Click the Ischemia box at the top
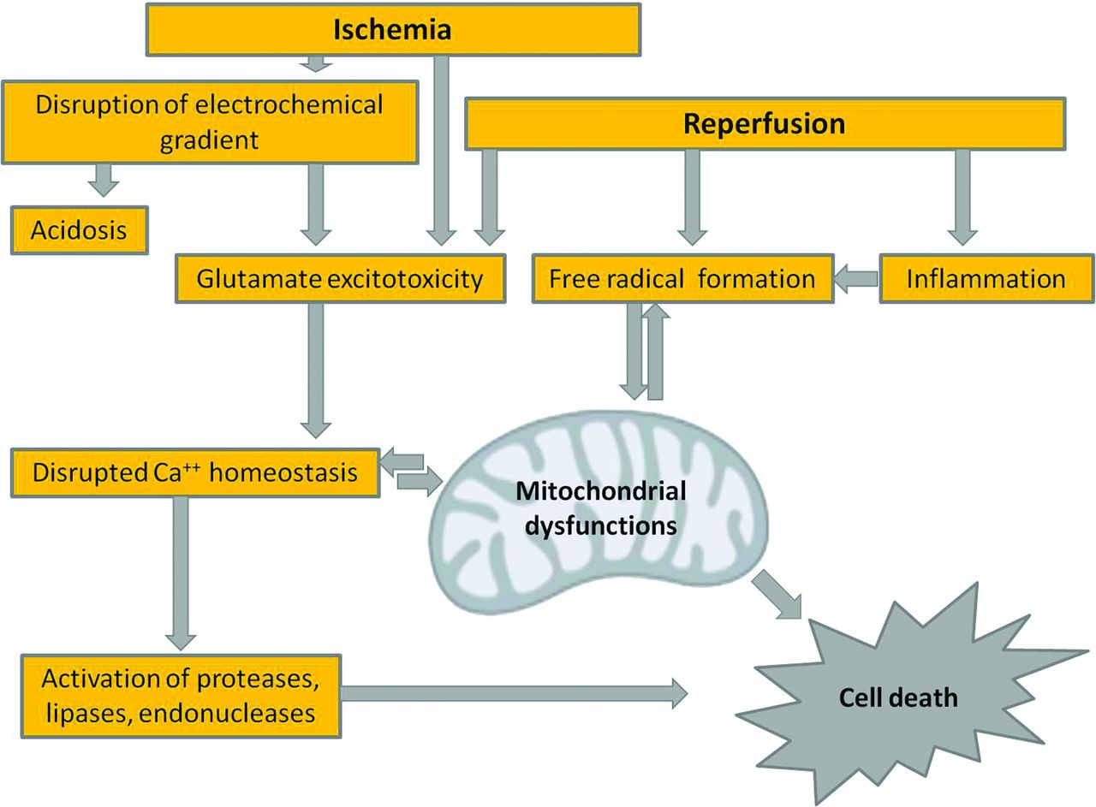392,31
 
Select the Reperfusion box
765,123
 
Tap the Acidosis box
79,229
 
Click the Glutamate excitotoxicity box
341,278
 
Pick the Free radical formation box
682,278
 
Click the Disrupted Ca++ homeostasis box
195,472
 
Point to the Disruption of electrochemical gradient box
211,121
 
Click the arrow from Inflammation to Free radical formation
856,278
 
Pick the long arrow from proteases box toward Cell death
514,692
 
